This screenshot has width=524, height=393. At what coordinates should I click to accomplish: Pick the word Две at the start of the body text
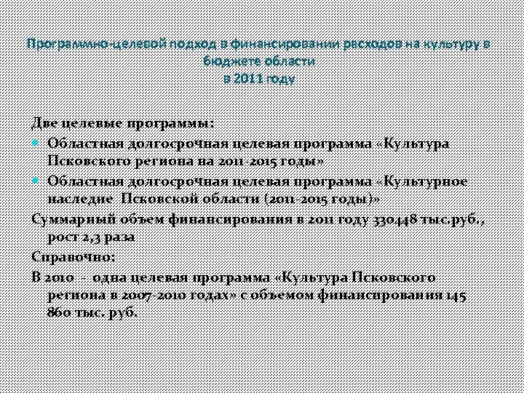[x=44, y=123]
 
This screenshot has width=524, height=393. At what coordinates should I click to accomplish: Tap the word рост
[x=60, y=237]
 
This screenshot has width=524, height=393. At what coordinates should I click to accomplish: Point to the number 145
[x=457, y=295]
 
